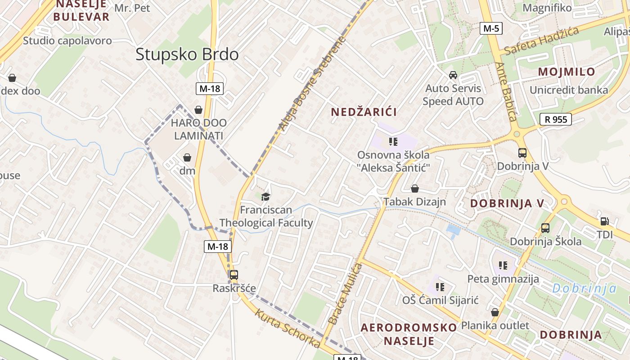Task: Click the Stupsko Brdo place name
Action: pos(187,54)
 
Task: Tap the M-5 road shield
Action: pos(490,28)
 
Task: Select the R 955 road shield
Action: pos(556,119)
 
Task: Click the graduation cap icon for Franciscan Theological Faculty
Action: pos(265,197)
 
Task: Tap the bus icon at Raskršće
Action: pos(234,275)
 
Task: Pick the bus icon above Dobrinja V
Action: pos(522,153)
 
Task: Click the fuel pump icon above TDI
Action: pos(604,221)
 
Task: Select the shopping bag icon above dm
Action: pos(187,157)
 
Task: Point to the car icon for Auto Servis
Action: pos(453,75)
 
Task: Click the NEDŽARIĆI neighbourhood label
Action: pos(364,112)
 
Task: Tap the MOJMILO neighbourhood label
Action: pos(567,72)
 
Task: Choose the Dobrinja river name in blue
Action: pos(584,288)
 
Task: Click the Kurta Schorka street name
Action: pos(288,328)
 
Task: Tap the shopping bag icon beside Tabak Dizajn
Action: pos(415,189)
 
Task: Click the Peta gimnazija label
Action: pos(503,279)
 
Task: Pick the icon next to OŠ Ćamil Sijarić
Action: pos(440,287)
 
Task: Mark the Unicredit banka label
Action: pos(569,90)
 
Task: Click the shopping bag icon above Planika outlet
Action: pos(495,312)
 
